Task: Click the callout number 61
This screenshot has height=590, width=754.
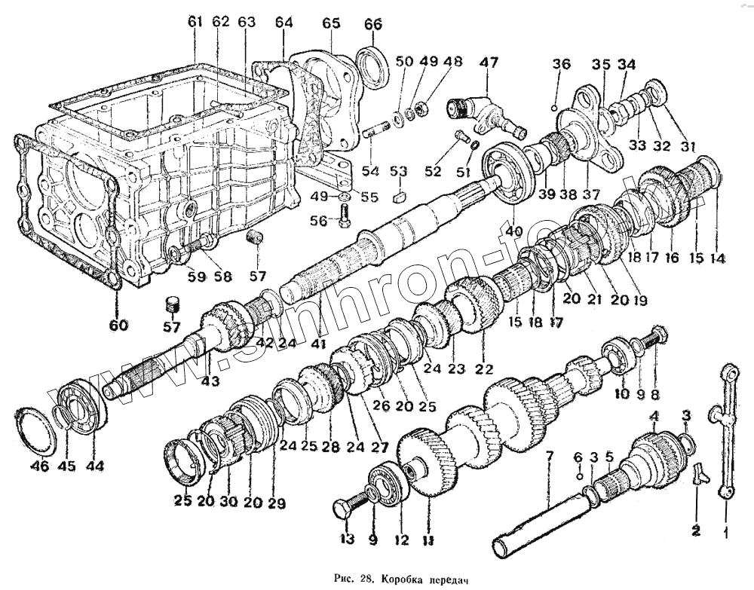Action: coord(195,23)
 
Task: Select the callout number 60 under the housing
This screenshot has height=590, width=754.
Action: coord(118,326)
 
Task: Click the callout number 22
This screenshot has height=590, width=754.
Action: coord(483,369)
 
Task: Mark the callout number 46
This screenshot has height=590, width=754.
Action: coord(39,466)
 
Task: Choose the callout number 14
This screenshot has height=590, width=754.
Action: coord(717,258)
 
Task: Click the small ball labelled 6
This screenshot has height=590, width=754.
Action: coord(578,476)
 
